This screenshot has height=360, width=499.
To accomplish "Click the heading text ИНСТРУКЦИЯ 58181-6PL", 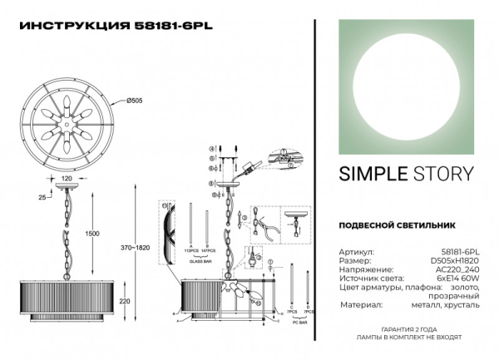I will point(116,25).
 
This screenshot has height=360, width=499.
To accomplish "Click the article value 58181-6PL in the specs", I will point(462,251).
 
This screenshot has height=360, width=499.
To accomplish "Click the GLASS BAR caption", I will point(197,259).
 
